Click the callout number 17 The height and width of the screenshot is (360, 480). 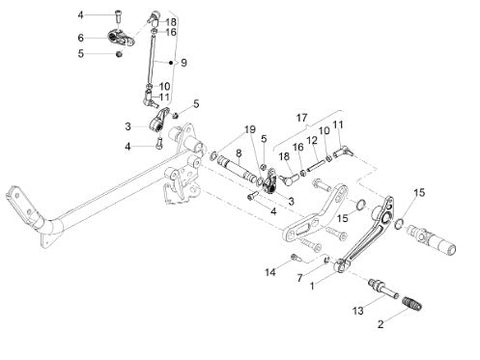(301, 118)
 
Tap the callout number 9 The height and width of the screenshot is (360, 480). (184, 63)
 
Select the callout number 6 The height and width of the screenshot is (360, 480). (81, 38)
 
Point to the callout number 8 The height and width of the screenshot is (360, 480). (239, 153)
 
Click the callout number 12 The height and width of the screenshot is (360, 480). (312, 140)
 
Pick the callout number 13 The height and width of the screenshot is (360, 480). (358, 311)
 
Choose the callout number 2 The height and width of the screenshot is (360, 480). (381, 324)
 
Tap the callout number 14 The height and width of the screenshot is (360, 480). (270, 272)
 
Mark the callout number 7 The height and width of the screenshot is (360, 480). (300, 277)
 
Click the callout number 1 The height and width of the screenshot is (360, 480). (312, 286)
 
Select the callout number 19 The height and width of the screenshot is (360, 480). (250, 129)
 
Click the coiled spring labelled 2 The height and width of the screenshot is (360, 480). (412, 304)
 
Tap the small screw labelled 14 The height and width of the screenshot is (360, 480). (296, 257)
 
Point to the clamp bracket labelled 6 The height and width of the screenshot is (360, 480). (121, 38)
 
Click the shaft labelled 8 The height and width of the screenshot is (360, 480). (235, 168)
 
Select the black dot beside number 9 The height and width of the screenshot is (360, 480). (171, 63)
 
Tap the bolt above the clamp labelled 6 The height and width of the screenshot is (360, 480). (118, 15)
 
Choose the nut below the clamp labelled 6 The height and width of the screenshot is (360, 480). (119, 54)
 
